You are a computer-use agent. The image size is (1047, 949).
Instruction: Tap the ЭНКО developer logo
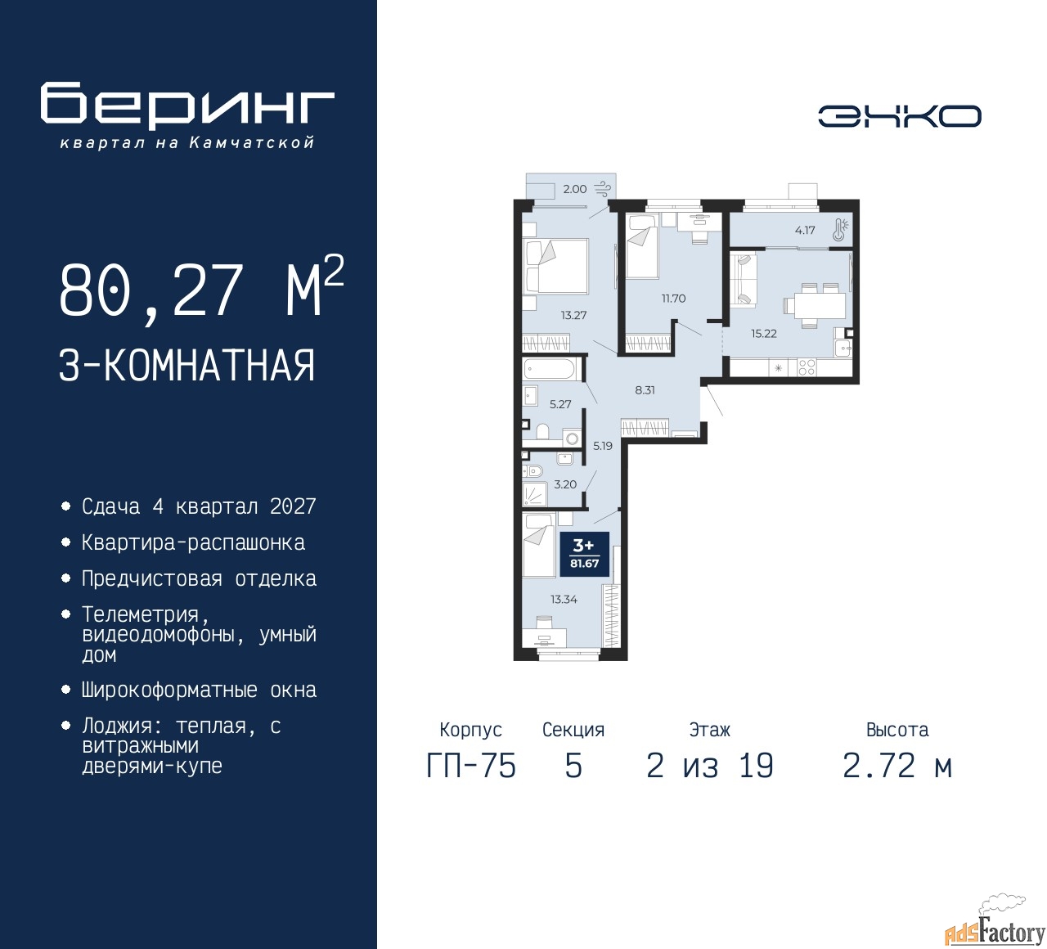click(899, 116)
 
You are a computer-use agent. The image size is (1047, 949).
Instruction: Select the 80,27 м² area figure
click(201, 290)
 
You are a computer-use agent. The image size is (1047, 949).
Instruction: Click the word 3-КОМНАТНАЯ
click(186, 366)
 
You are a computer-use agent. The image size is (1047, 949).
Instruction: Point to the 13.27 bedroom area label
click(573, 315)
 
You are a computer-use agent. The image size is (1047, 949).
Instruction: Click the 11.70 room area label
click(673, 299)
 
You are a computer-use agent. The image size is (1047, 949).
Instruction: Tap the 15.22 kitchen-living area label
click(764, 334)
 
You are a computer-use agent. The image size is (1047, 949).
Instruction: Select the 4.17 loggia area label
click(805, 230)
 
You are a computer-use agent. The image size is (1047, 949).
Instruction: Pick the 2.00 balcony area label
click(575, 189)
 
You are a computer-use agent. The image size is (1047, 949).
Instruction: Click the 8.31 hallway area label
click(645, 390)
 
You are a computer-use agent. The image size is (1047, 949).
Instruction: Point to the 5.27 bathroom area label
click(560, 404)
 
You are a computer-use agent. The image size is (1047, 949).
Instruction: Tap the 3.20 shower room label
click(565, 484)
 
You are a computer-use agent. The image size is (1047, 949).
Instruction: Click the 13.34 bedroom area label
click(564, 599)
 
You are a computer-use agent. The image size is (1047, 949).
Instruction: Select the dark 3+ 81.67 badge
click(584, 554)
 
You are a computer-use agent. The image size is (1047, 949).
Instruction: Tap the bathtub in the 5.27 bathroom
click(550, 371)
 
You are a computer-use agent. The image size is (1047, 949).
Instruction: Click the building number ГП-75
click(471, 766)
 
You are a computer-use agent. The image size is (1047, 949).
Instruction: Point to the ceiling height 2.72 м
click(897, 766)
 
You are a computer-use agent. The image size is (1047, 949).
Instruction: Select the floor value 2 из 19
click(709, 766)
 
